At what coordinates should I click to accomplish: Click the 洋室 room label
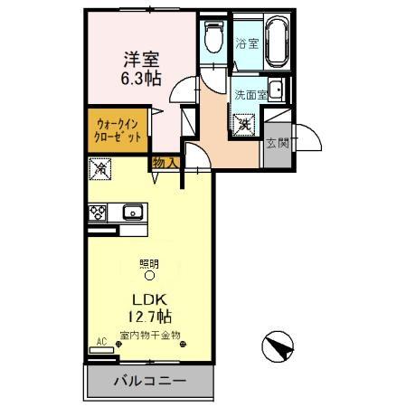point(142,60)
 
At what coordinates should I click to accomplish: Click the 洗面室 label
point(250,94)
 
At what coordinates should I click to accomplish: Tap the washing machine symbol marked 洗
point(245,125)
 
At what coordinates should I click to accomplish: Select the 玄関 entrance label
point(276,142)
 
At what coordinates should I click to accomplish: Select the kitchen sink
point(132,213)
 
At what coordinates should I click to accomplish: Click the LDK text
point(150,299)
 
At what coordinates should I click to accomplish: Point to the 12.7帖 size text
point(150,317)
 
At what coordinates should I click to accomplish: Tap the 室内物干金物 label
point(150,335)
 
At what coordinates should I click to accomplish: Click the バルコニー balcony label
point(150,382)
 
